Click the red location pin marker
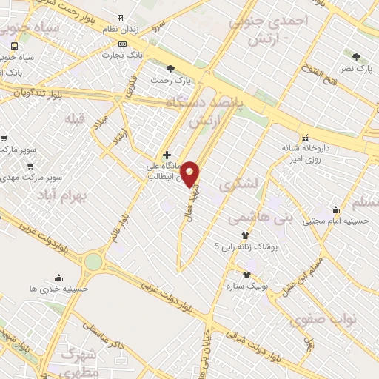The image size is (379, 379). (191, 172)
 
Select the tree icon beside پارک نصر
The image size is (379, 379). (356, 56)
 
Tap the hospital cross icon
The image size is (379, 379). (167, 155)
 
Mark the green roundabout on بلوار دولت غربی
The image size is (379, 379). (93, 261)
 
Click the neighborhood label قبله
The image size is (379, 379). (75, 118)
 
